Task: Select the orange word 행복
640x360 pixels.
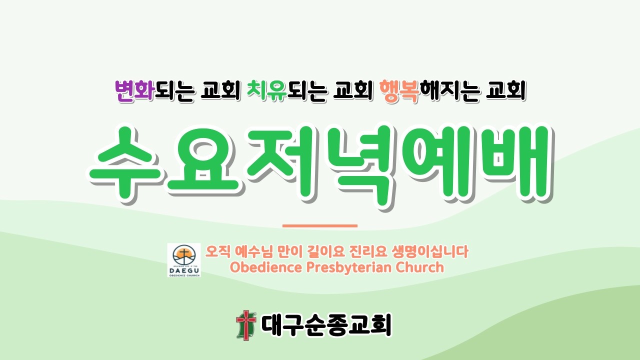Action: pyautogui.click(x=399, y=92)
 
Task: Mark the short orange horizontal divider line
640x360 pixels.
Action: pyautogui.click(x=320, y=226)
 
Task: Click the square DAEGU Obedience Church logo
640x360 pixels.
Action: pyautogui.click(x=184, y=260)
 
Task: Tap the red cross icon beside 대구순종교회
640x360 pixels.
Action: pyautogui.click(x=245, y=325)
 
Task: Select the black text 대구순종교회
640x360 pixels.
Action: pyautogui.click(x=326, y=325)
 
